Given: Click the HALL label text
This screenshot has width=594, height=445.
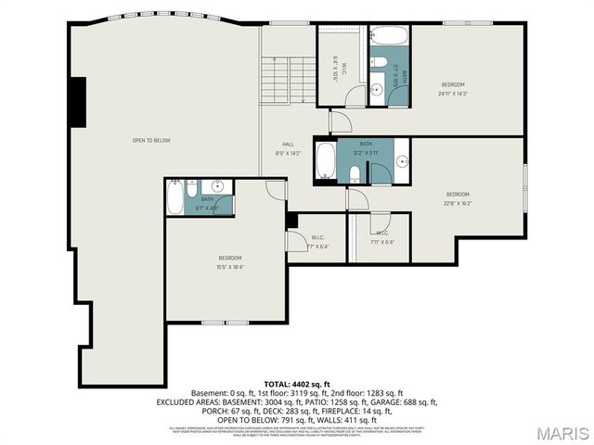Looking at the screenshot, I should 289,145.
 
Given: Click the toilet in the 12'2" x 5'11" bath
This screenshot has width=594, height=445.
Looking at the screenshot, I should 355,172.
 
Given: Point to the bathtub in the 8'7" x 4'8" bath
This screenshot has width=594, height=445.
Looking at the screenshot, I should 176,197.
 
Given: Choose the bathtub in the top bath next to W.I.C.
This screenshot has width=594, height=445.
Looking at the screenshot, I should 390,38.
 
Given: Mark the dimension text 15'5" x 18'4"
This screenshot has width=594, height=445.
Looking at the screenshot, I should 230,267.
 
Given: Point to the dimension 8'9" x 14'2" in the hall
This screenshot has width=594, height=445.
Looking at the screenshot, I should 289,154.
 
